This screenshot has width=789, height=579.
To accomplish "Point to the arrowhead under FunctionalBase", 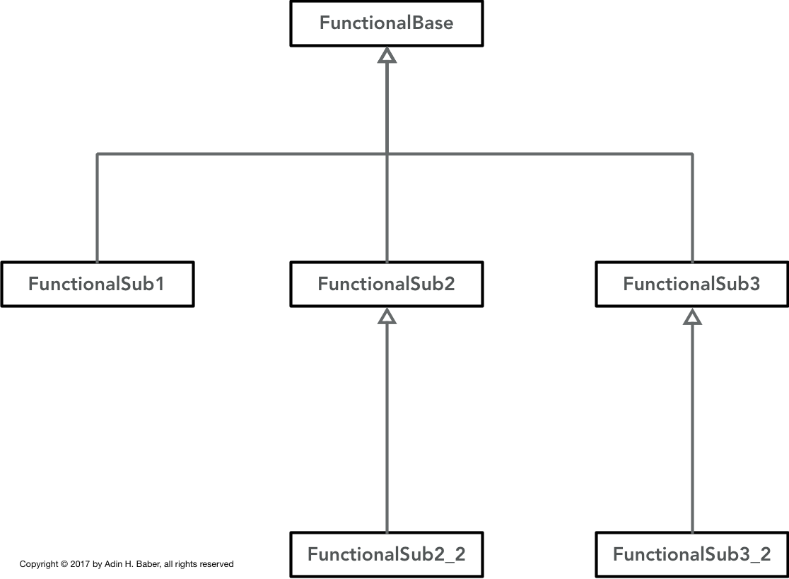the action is coord(387,55).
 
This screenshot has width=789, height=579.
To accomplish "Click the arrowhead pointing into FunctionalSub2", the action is coord(387,316).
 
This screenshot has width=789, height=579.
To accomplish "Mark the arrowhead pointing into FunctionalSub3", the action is coord(692,316).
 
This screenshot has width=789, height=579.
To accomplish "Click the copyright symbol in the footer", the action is coord(64,564).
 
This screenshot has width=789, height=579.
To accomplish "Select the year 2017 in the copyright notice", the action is coord(80,564).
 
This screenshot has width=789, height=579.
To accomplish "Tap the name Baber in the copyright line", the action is coord(148,564).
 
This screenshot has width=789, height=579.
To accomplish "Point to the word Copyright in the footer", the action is coord(39,564).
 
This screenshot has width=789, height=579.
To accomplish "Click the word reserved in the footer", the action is coord(217,564).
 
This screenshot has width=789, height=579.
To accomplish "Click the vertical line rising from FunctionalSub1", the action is coord(97,207).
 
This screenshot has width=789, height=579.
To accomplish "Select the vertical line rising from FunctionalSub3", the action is coord(692,207).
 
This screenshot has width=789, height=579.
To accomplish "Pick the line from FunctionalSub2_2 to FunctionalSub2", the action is coord(387,428).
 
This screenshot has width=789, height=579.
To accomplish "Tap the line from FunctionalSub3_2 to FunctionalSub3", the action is coord(692,428).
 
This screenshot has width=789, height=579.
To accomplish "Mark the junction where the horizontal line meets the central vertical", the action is coord(387,154).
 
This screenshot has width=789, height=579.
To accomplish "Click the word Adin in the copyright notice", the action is coord(113,564).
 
